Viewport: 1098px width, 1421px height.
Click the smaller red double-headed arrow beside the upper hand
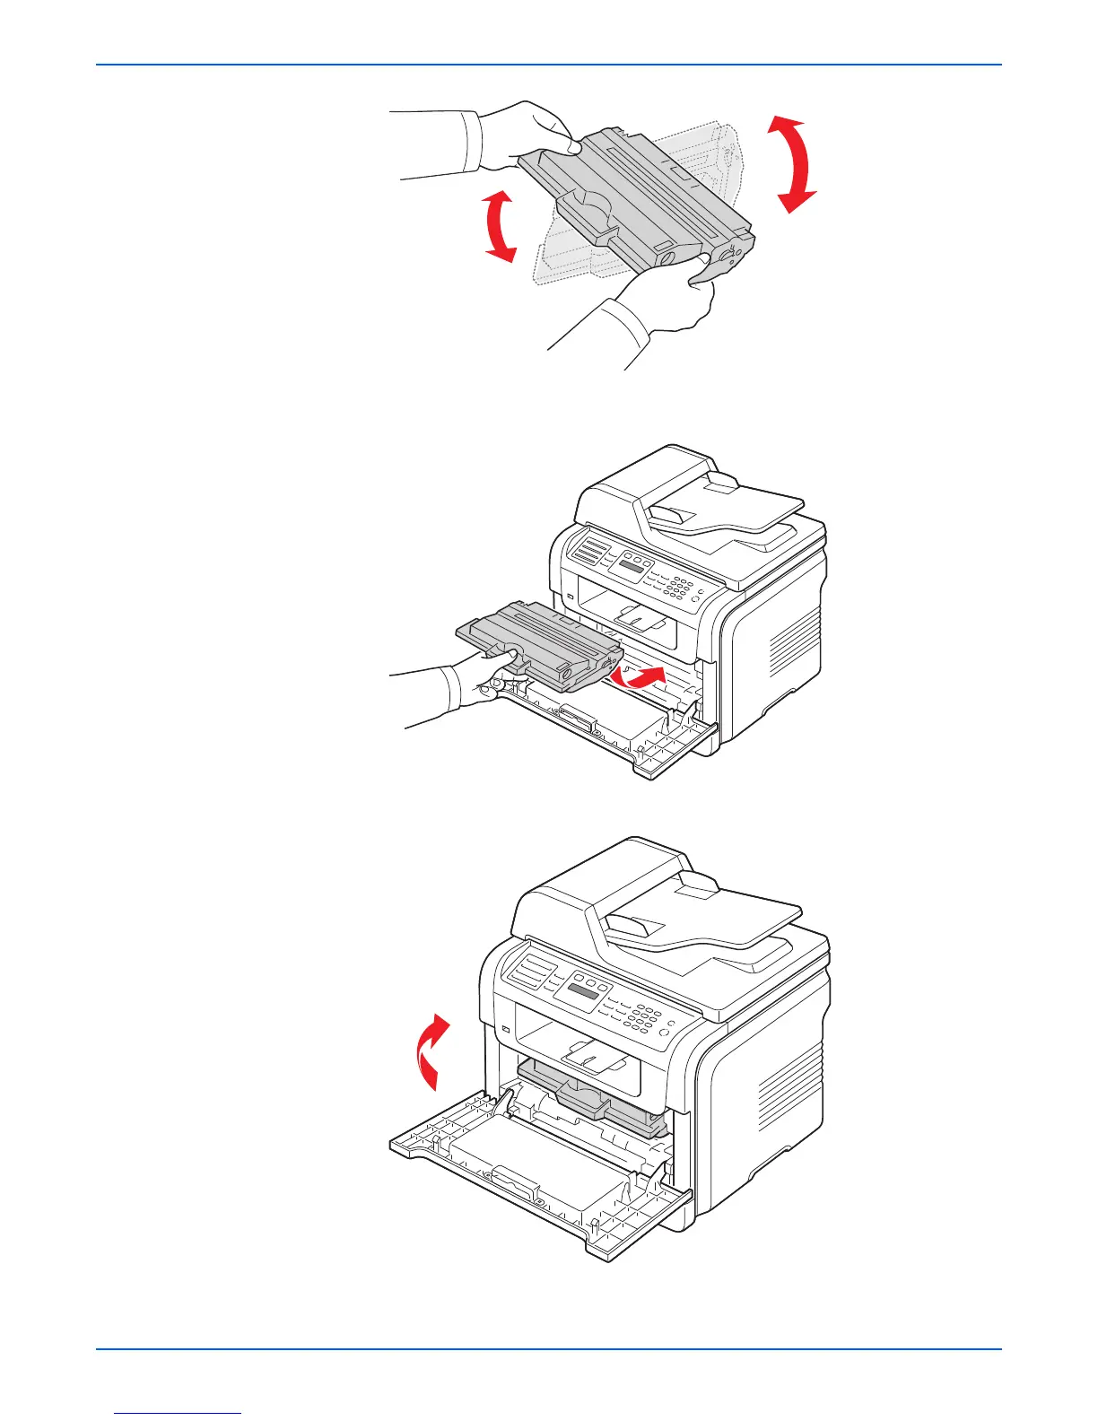coord(498,225)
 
